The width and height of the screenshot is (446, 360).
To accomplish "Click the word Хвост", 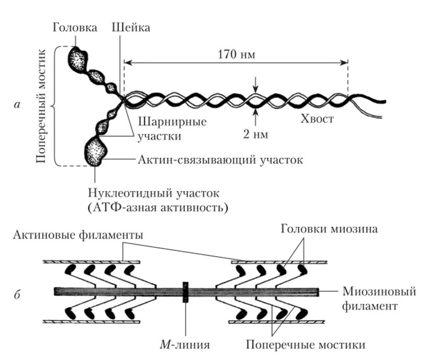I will point(316,119).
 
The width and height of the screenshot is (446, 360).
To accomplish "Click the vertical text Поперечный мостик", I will point(43,107).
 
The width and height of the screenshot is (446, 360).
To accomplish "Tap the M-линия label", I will point(186,345).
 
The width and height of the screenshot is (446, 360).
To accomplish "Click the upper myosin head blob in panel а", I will point(78,59).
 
